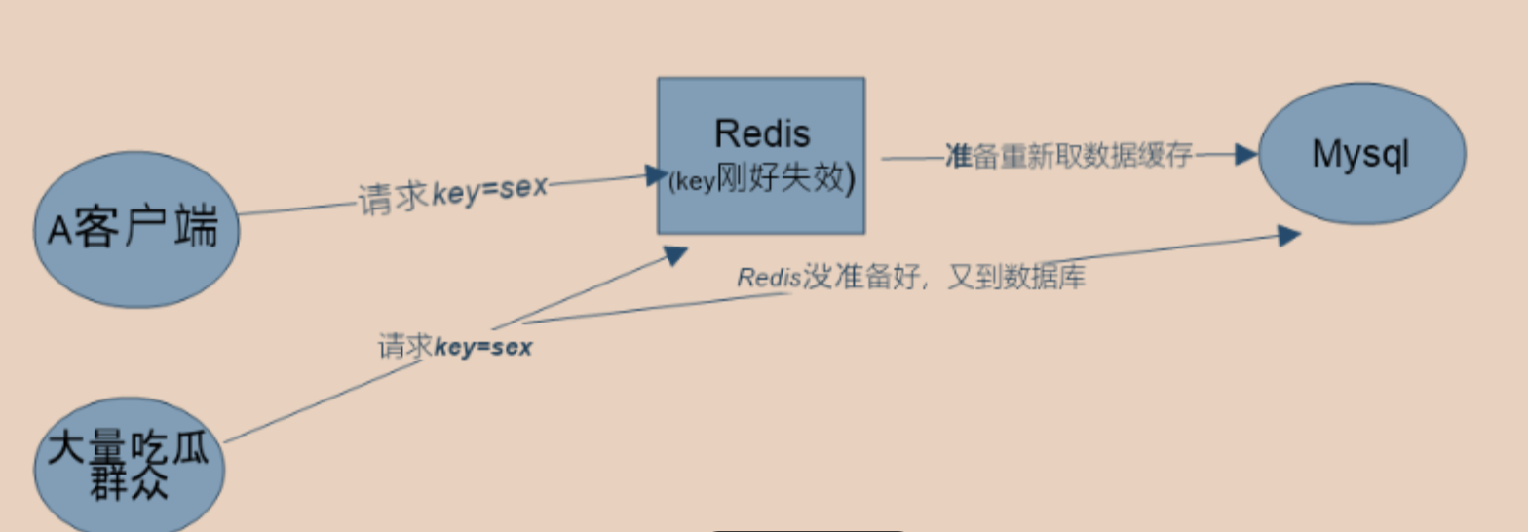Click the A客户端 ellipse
[x=136, y=230]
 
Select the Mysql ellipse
[x=1361, y=154]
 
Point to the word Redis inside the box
[x=762, y=133]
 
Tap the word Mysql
[x=1361, y=154]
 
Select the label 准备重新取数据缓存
[x=1069, y=156]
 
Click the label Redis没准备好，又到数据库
[x=911, y=278]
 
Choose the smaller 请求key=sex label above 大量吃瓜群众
[x=455, y=346]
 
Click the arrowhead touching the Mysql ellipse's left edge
[x=1246, y=154]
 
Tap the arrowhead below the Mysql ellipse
[x=1288, y=235]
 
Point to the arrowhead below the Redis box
[x=675, y=254]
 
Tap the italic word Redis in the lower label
[x=768, y=278]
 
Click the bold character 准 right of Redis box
[x=955, y=156]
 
